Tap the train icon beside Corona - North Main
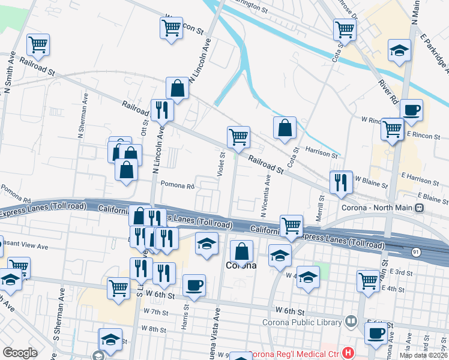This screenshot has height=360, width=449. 420,208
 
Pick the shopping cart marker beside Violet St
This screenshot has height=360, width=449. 238,137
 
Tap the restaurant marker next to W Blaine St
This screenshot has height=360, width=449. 341,182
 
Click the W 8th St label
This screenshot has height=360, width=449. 154,329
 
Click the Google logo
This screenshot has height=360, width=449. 20,353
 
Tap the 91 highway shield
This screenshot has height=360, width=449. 415,251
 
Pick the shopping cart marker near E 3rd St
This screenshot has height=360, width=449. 368,280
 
